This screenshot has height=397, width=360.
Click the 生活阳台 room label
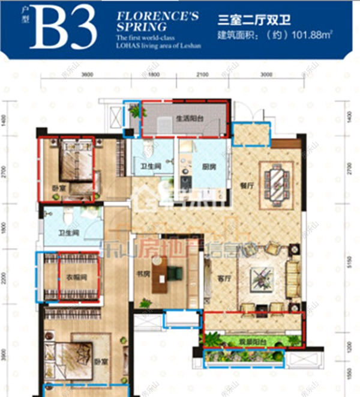[x=188, y=119]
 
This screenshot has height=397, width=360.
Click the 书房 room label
[x=142, y=276]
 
